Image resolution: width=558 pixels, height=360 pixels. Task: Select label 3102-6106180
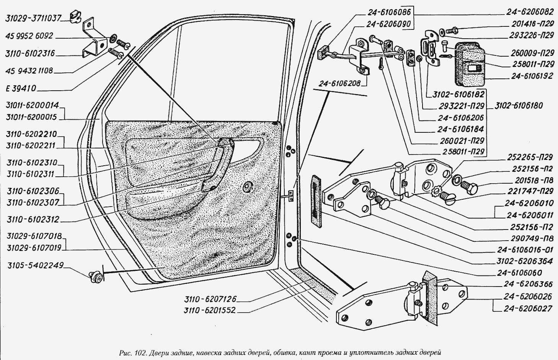click(519, 106)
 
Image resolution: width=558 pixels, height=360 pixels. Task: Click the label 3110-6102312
click(33, 220)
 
